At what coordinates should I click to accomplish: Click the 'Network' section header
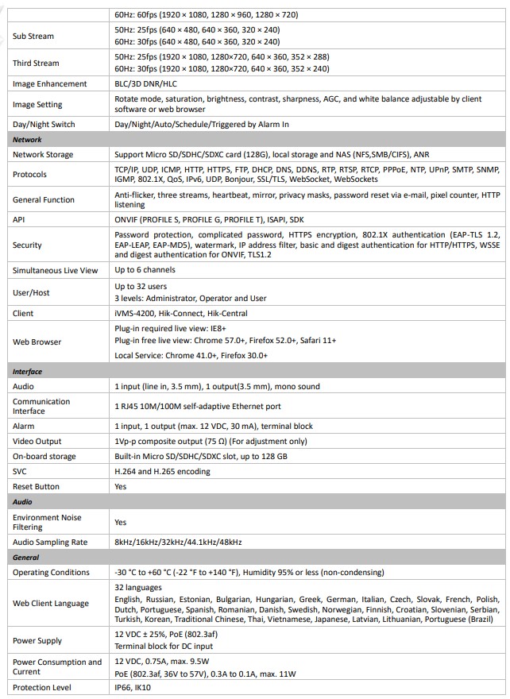coord(27,140)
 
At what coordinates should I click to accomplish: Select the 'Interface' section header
coord(27,371)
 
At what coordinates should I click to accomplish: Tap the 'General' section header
coord(25,558)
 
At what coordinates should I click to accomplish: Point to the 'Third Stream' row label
coord(36,63)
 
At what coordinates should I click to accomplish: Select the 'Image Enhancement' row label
coord(49,84)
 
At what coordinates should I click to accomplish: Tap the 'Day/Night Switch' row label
coord(44,125)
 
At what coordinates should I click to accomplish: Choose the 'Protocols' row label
coord(29,174)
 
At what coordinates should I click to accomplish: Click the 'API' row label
coord(18,218)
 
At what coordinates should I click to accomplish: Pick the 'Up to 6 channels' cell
coord(145,271)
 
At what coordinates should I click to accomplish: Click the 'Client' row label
coord(23,314)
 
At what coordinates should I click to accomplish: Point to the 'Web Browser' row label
coord(37,342)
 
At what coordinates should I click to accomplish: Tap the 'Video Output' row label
coord(37,442)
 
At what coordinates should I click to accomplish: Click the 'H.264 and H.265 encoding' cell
coord(162,472)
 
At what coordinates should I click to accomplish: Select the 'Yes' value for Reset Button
coord(121,487)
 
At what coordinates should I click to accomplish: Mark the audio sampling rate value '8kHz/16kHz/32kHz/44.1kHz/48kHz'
coord(178,542)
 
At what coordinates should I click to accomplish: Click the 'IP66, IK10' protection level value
coord(133,688)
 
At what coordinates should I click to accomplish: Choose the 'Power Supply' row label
coord(37,640)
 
